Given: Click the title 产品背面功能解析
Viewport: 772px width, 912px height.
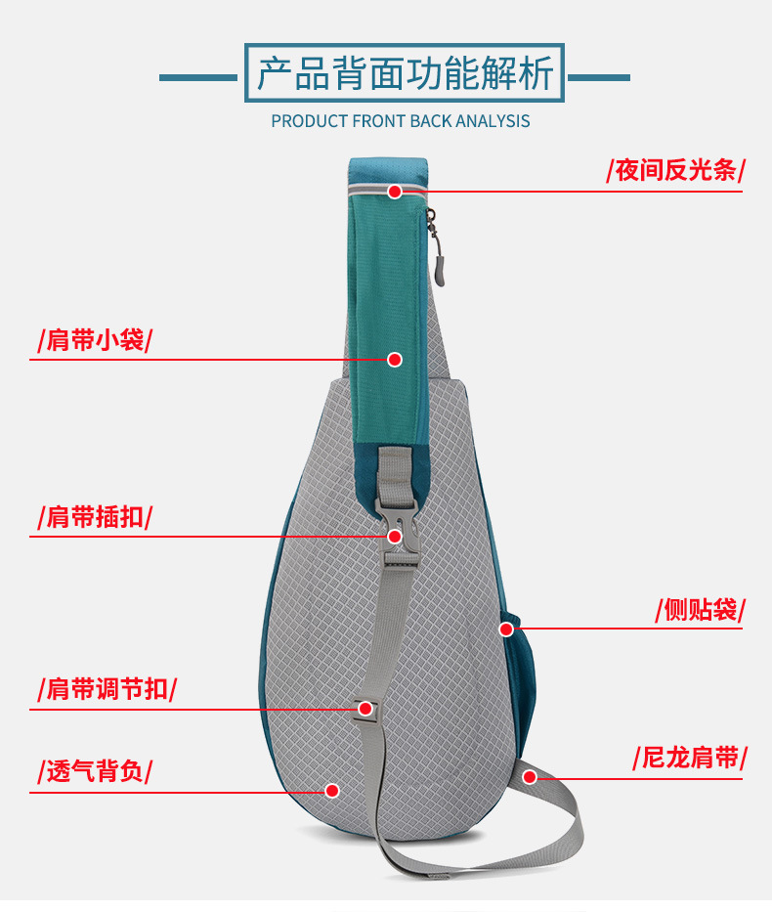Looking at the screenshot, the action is [x=405, y=73].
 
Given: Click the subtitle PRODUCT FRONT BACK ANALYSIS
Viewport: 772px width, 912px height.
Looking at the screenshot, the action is [x=401, y=121].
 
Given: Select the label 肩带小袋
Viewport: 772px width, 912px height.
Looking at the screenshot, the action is [x=95, y=340].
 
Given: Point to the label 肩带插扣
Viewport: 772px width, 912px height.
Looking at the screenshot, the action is [x=95, y=516].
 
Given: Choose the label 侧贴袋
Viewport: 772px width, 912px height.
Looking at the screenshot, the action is [x=700, y=610].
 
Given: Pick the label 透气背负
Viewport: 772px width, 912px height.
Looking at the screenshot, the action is [x=95, y=770].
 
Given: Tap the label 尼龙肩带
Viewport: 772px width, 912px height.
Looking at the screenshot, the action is [x=690, y=758].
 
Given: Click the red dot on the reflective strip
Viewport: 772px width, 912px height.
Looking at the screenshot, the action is [x=395, y=192].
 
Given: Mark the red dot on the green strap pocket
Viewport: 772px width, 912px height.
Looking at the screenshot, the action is [x=395, y=360].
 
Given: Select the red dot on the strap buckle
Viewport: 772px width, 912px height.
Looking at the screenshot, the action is [x=395, y=536].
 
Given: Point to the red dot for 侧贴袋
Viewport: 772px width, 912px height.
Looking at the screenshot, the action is [x=506, y=629].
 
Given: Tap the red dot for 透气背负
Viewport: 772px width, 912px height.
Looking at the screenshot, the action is [x=332, y=790].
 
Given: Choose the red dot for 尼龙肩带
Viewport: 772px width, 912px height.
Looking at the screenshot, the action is [x=530, y=777].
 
